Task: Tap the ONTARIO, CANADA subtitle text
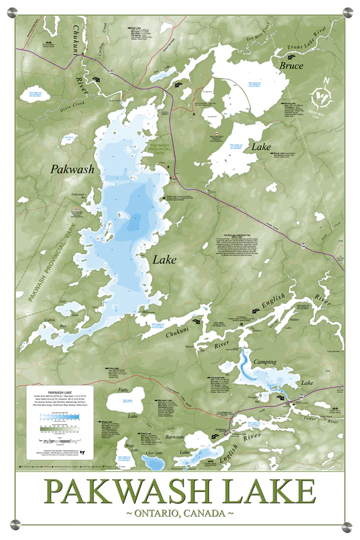(x=180, y=514)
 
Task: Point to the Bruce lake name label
(x=291, y=65)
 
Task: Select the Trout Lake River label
(x=312, y=42)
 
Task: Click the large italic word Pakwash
(x=73, y=169)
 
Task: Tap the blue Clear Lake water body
(x=149, y=463)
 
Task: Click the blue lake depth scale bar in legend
(x=61, y=417)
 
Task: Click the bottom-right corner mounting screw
(x=346, y=526)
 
